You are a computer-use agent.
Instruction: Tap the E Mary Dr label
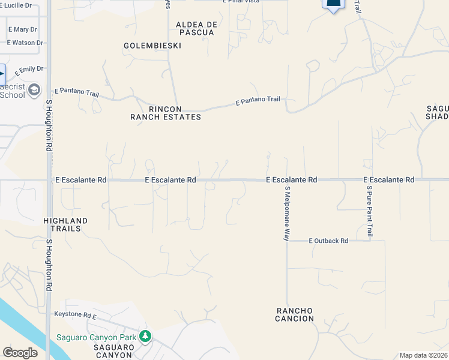tap(22, 29)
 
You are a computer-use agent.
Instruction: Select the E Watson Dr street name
tap(25, 43)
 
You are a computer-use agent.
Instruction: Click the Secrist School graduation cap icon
tap(34, 90)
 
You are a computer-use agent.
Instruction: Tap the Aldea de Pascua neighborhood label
tap(195, 28)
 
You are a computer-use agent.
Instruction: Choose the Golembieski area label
tap(147, 46)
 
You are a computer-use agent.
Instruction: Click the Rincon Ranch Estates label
tap(166, 113)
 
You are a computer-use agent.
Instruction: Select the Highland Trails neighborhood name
tap(65, 225)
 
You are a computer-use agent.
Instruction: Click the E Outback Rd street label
tap(328, 241)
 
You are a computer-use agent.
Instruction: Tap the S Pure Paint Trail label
tap(369, 211)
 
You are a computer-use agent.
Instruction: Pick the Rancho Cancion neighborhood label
tap(295, 314)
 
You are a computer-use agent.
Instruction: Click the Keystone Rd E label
tap(75, 314)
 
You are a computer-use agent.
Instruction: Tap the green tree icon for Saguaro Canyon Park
tap(145, 337)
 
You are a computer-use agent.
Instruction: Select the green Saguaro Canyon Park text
tap(96, 337)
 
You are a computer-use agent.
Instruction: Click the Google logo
tap(20, 353)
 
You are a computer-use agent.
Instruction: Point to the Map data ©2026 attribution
tap(423, 355)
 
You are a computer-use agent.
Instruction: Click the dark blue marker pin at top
tap(334, 4)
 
